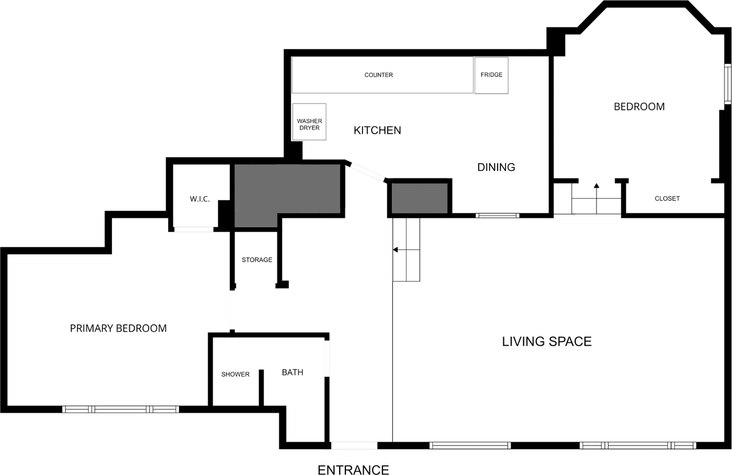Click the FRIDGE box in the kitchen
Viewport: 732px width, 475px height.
pos(491,75)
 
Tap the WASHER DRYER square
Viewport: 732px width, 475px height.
pos(309,122)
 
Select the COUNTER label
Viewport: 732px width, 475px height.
pos(379,75)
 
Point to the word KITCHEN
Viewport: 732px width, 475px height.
pos(377,130)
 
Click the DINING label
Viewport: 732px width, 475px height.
pos(496,167)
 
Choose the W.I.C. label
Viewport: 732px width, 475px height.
pos(200,199)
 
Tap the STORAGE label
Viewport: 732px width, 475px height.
pos(257,260)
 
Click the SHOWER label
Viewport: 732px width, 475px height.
pos(235,374)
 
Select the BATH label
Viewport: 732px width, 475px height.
pos(292,373)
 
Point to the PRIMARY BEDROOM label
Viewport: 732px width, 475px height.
pos(118,328)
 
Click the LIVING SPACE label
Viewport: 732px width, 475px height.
pos(547,342)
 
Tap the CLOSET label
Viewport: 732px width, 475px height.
pos(667,198)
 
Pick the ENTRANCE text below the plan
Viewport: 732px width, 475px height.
pos(353,470)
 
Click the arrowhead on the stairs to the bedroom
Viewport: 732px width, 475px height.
pos(596,186)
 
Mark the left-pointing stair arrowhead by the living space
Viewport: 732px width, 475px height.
pos(395,250)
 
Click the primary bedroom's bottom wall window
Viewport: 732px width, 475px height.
pos(121,409)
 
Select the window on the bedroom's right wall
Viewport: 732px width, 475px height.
pos(727,84)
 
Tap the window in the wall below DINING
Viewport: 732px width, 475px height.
pos(498,215)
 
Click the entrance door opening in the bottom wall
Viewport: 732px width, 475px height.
pos(354,445)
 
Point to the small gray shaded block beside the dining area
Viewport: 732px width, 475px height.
pos(419,198)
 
